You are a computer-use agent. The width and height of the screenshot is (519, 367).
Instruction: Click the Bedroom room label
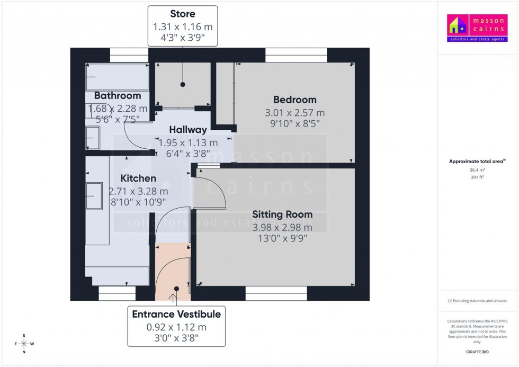coord(294,100)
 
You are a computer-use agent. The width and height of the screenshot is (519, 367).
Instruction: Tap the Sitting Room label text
coord(282,214)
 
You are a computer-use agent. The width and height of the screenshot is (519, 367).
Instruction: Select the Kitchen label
coord(138,178)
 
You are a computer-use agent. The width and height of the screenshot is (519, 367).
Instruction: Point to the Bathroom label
coord(118,96)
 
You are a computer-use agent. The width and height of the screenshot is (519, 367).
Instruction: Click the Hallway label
coord(187,130)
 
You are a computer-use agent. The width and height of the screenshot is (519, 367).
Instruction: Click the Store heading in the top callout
coord(182,14)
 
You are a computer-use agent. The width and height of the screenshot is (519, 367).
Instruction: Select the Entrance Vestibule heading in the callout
coord(176,315)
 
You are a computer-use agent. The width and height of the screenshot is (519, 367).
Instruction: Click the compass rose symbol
coord(24,344)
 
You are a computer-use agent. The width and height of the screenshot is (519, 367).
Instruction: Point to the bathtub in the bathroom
coord(117,78)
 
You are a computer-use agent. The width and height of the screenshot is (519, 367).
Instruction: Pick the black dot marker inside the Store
coord(183,84)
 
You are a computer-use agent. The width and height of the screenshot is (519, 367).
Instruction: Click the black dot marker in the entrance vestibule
coord(176,289)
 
